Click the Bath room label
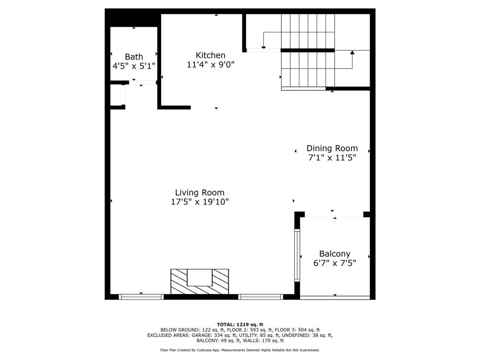point(134,57)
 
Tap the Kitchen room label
point(210,55)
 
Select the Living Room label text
point(200,192)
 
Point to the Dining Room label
point(332,148)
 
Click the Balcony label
point(335,254)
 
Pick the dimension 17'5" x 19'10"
point(200,202)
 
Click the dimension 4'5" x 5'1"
point(134,67)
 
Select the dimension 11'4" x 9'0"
point(210,65)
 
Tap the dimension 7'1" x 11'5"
point(332,158)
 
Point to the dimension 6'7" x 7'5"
point(335,263)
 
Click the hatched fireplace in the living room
point(199,281)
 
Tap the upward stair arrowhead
point(352,52)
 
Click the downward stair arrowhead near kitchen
point(263,47)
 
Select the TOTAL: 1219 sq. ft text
point(240,324)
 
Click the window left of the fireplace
point(141,297)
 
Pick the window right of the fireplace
point(261,297)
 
